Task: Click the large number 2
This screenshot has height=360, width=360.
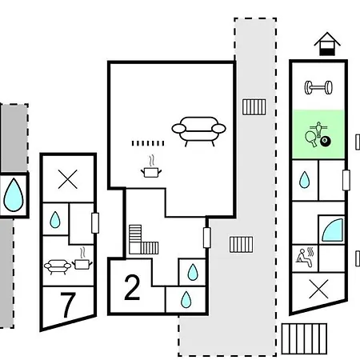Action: coord(132,287)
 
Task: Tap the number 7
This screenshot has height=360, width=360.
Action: coord(68,306)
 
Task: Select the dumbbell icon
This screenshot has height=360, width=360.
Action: coord(318,88)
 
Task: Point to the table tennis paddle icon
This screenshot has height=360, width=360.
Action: coord(311,138)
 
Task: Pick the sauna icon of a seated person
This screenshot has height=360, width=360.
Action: coord(305,258)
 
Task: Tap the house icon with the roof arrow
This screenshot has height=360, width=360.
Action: coord(327,44)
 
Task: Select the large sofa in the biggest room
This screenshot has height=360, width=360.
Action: coord(198,131)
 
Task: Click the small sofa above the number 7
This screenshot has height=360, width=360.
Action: coord(58,266)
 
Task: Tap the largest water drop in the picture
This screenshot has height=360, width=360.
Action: coord(14,195)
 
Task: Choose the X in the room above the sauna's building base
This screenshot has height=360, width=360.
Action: coord(318,289)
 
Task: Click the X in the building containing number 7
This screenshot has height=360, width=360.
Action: coord(68,179)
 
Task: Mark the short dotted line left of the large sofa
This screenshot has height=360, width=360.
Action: coord(148,143)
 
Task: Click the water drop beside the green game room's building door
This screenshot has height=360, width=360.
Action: coord(305,180)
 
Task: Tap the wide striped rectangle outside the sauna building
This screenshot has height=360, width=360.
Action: coord(304,338)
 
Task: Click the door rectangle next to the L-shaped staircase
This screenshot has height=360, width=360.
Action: coord(207,238)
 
